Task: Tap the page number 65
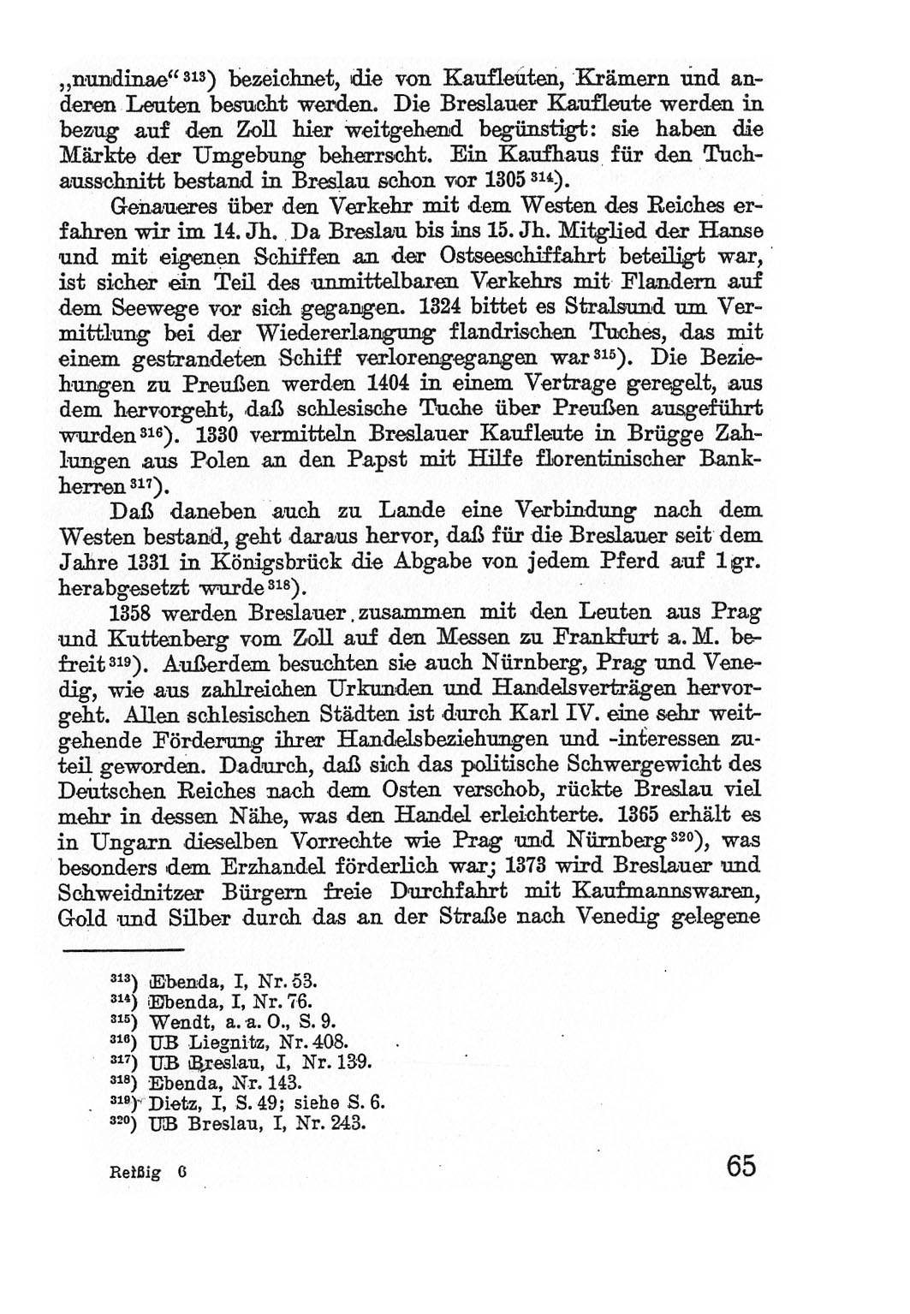[x=740, y=1167]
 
